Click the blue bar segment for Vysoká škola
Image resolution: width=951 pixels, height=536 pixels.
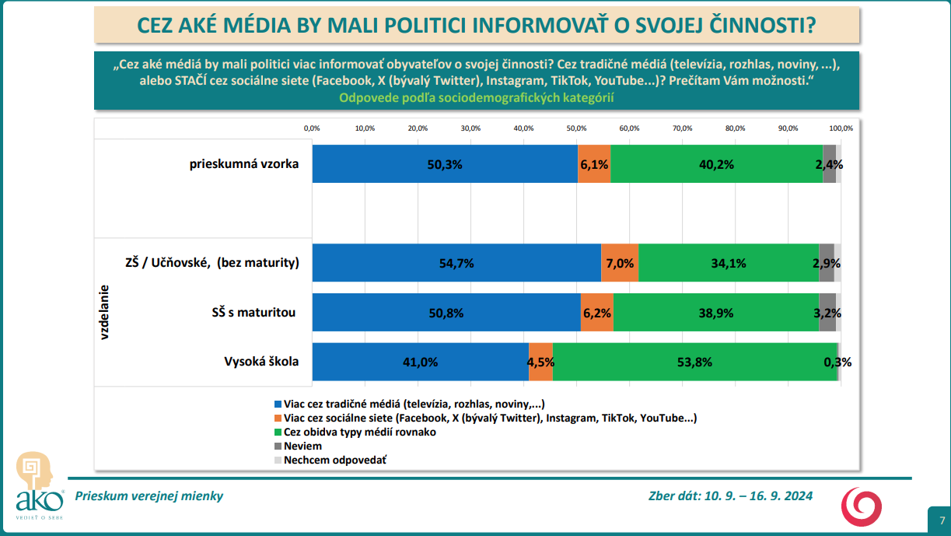420,362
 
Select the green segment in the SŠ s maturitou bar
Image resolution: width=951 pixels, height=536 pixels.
715,313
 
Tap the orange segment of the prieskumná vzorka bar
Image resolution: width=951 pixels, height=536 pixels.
594,164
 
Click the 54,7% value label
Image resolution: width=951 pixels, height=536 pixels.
456,264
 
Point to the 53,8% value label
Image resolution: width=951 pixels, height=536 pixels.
694,362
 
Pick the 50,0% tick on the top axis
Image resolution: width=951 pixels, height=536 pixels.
576,128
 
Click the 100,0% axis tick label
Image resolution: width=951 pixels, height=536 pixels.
841,128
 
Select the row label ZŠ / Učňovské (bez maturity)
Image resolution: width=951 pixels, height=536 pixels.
212,263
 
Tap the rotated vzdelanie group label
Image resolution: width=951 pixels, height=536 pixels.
104,312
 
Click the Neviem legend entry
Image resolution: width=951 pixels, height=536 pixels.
302,446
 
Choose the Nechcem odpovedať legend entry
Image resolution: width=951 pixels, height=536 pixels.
335,460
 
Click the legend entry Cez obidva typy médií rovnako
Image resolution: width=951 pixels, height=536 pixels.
359,432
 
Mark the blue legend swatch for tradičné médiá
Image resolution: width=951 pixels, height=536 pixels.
278,405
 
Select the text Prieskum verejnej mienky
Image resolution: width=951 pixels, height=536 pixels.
149,496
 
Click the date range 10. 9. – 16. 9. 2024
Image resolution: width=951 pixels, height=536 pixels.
759,496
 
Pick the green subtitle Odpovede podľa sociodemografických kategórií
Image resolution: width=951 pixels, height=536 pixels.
477,98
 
